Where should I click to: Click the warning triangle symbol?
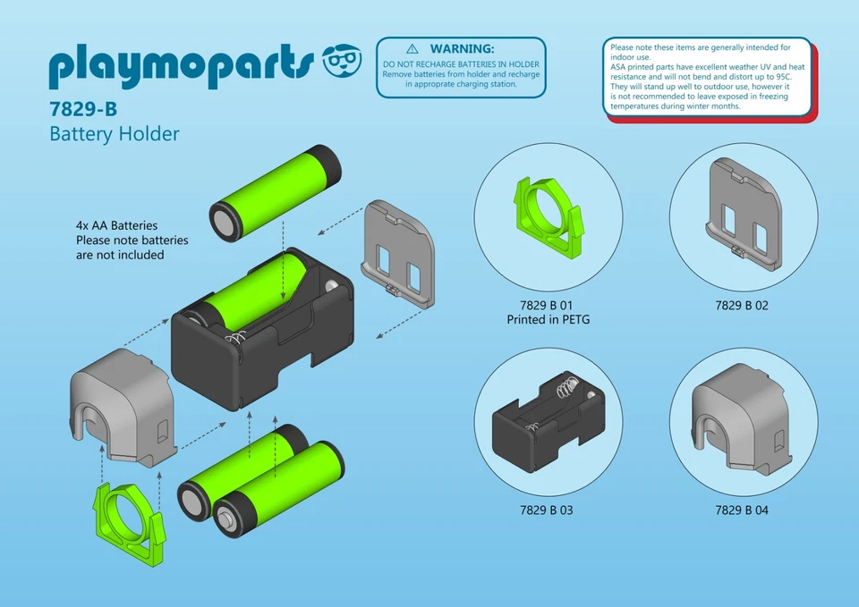click(x=412, y=48)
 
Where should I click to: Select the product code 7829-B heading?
click(x=82, y=109)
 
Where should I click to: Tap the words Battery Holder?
click(x=115, y=134)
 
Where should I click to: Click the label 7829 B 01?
click(x=548, y=306)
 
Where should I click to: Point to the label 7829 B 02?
click(x=742, y=306)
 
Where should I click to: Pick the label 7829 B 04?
click(x=742, y=510)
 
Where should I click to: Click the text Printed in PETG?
click(x=548, y=320)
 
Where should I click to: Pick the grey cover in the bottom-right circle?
click(x=742, y=418)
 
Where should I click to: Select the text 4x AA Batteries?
click(x=116, y=225)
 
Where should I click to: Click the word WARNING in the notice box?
click(x=462, y=48)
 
